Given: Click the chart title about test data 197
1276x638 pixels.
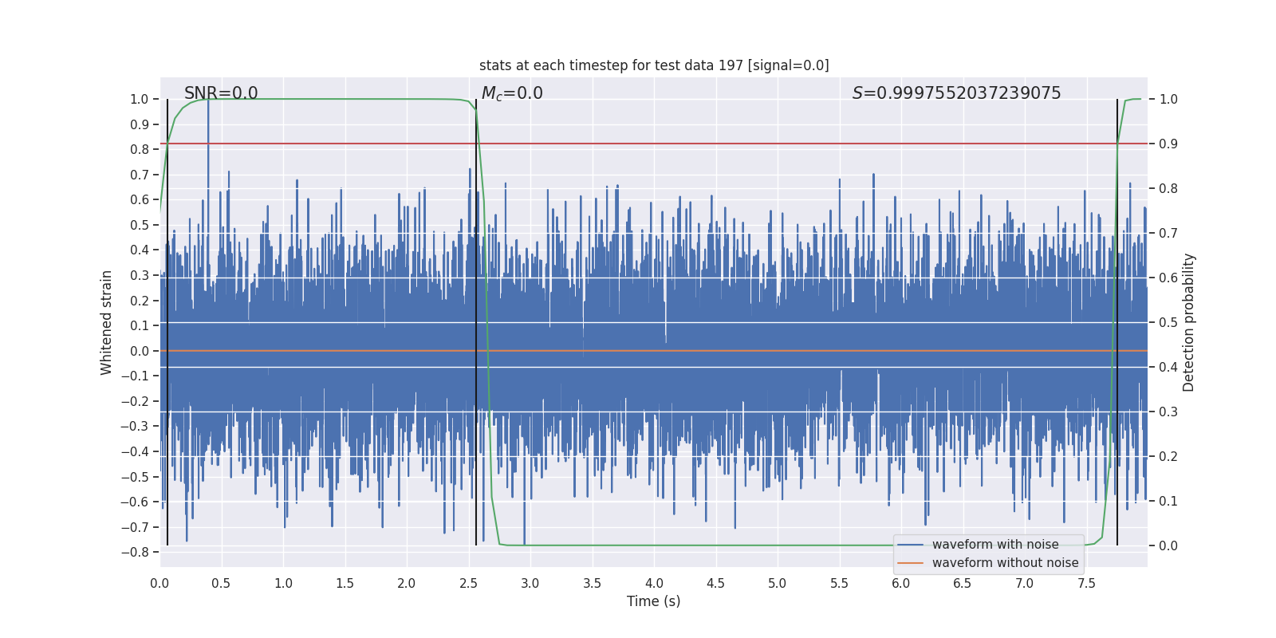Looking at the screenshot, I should (654, 65).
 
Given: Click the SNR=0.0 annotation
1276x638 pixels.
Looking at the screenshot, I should (221, 93).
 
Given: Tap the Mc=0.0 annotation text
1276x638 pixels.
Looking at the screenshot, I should (512, 93).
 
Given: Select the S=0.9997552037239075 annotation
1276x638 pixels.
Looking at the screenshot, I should (956, 93).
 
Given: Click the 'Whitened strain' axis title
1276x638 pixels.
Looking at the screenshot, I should (107, 322).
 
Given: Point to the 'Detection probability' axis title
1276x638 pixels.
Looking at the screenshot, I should (1189, 322).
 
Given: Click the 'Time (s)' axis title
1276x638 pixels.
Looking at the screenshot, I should (653, 601).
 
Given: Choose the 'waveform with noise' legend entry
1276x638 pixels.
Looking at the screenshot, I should (994, 545).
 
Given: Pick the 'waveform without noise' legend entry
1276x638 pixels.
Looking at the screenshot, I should (1005, 563).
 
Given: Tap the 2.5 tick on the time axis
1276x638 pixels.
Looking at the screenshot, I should (468, 584).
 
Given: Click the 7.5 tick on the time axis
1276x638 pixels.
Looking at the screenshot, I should (1086, 584).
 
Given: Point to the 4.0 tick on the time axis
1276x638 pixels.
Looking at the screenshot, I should (654, 584).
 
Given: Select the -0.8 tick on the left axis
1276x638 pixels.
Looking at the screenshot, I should (135, 552).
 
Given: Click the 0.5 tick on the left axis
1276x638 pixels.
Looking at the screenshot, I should (140, 225).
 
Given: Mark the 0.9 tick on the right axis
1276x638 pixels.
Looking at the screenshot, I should (1168, 144).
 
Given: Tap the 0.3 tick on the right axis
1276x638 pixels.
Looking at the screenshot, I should (1168, 412).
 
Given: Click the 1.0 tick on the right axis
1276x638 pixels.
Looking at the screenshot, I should (1168, 99).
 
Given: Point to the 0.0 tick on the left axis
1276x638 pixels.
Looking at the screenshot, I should (140, 351).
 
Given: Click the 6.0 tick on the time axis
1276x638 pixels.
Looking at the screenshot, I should (901, 584).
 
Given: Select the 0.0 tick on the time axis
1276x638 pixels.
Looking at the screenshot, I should (159, 584).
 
